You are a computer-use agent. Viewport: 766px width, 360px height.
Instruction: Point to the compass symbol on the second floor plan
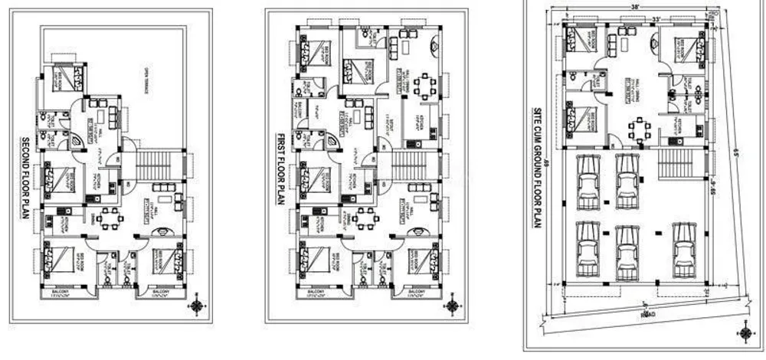tap(197, 305)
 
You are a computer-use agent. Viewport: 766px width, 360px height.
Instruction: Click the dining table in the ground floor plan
tap(637, 129)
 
